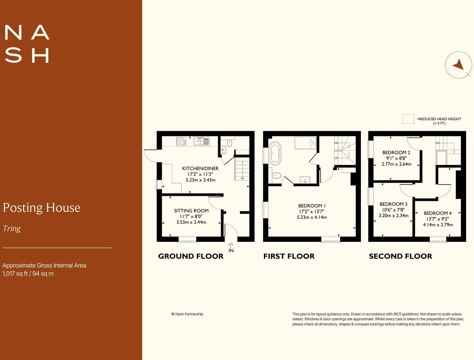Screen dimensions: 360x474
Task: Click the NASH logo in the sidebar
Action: (x=27, y=44)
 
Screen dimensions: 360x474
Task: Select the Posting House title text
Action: (x=41, y=208)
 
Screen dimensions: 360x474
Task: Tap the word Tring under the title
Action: (x=12, y=229)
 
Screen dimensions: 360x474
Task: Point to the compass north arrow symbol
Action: (x=458, y=65)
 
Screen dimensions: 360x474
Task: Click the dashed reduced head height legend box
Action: (x=408, y=119)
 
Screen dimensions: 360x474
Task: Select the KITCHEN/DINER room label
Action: (x=200, y=168)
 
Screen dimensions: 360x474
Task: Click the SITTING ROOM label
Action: (x=191, y=211)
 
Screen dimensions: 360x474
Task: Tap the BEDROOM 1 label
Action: (x=312, y=206)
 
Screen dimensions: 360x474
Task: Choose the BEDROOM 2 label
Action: (x=396, y=152)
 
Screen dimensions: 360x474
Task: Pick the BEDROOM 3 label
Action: (x=393, y=204)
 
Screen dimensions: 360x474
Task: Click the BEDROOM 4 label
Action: (x=437, y=213)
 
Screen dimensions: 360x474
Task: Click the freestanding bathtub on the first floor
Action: (x=275, y=153)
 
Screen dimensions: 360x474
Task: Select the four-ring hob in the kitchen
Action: (x=181, y=141)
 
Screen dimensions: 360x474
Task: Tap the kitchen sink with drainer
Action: (x=202, y=141)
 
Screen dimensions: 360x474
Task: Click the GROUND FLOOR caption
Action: (x=191, y=256)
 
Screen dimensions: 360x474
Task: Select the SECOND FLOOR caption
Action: (x=400, y=256)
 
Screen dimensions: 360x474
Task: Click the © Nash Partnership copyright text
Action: (x=187, y=314)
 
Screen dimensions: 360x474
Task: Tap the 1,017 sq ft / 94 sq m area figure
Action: (x=28, y=274)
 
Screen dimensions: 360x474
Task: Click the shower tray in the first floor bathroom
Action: (x=305, y=143)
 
